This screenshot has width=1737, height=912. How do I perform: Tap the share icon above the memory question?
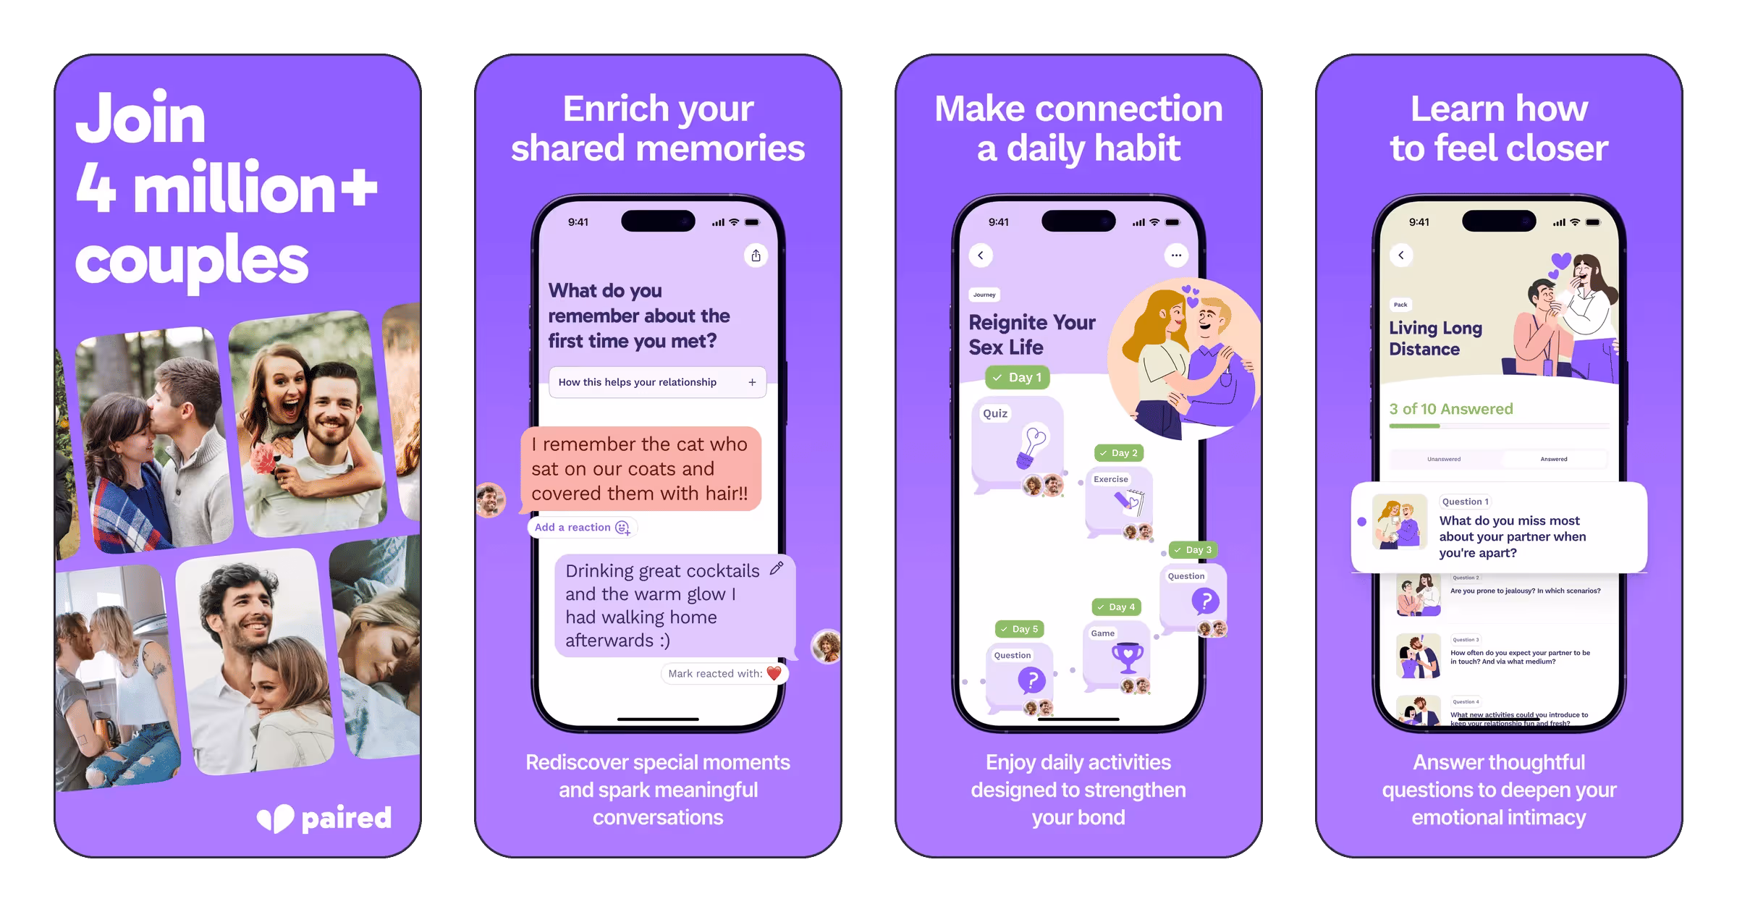point(756,256)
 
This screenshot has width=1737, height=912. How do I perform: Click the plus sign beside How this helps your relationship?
point(752,382)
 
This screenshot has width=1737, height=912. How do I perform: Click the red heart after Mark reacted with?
point(774,674)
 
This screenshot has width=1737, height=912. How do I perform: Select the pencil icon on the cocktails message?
point(777,568)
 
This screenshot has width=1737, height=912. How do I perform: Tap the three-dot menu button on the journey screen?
point(1176,256)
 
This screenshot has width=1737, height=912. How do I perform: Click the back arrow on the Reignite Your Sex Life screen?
point(981,256)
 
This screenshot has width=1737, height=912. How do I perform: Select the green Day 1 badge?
point(1017,378)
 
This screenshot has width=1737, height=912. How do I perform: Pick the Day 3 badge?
point(1193,550)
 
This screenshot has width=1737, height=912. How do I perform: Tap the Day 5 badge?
point(1019,630)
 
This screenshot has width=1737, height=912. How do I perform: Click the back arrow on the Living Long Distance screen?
point(1401,256)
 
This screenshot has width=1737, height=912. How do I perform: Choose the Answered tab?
point(1553,459)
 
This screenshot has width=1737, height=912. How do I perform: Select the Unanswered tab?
point(1444,459)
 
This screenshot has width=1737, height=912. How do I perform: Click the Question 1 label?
point(1465,502)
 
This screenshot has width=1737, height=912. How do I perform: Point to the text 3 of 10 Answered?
point(1450,410)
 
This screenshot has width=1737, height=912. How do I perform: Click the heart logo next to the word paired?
point(276,819)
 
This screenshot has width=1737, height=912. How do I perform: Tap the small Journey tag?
point(984,295)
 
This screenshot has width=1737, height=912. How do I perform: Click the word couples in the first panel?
point(192,261)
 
